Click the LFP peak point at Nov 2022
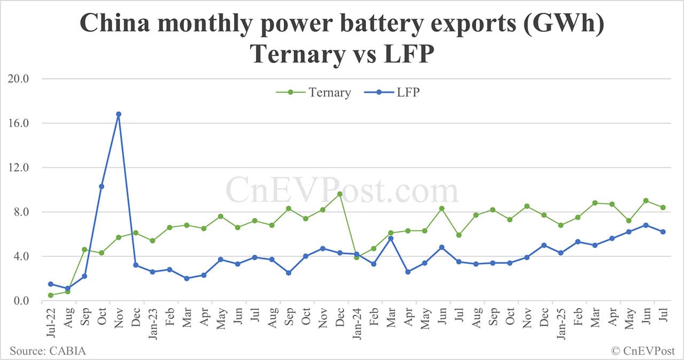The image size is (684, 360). click(x=119, y=114)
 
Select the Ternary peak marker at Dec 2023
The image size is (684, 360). click(x=340, y=194)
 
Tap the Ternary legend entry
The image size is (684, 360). click(x=314, y=92)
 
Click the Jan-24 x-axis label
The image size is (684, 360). click(x=357, y=324)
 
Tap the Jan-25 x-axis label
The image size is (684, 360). click(x=561, y=324)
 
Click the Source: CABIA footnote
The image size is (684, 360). click(x=48, y=350)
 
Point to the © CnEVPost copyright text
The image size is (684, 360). click(x=643, y=350)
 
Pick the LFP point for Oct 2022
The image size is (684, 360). click(x=102, y=186)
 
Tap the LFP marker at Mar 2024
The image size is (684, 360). click(x=391, y=238)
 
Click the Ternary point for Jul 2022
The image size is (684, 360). click(x=50, y=295)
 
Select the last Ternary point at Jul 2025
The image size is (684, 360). click(x=663, y=207)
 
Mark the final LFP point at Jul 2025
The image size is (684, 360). click(x=663, y=231)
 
